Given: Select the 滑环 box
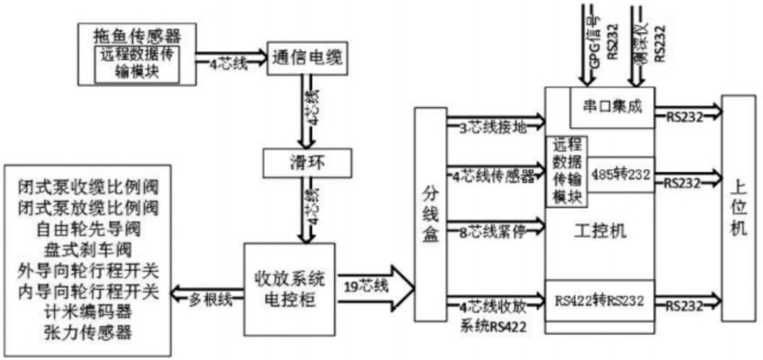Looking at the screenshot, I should tap(305, 163).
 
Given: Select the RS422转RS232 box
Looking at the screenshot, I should tap(600, 300).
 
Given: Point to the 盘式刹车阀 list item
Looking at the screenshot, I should tap(86, 249).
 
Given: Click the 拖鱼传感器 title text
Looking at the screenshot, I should tap(138, 36).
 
